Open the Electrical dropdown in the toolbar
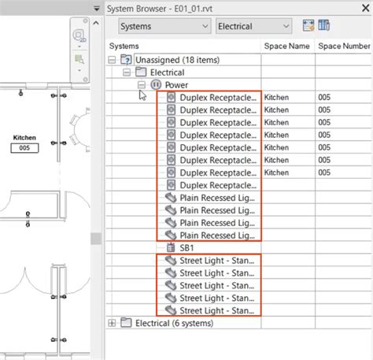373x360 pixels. (257, 26)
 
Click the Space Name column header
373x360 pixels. (286, 46)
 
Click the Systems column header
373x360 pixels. (125, 46)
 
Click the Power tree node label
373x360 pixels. (176, 85)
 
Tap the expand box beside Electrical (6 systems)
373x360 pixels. (112, 323)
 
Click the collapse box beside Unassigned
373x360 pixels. (112, 60)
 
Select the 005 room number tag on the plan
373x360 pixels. (25, 147)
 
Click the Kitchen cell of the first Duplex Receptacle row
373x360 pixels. (278, 98)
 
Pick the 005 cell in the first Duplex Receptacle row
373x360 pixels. (325, 98)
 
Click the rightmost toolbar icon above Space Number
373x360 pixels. (323, 26)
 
